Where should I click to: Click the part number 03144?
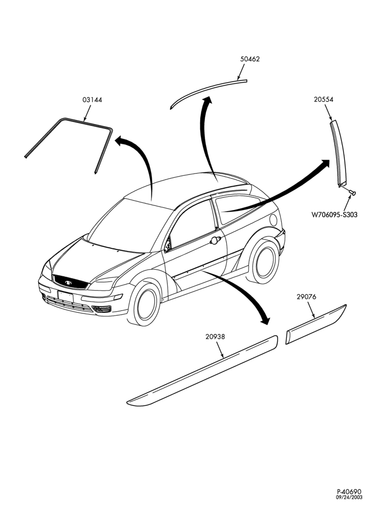coord(92,99)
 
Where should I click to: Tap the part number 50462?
coord(250,59)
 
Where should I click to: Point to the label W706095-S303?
coord(334,215)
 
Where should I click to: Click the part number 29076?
coord(306,297)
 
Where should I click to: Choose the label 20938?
coord(215,337)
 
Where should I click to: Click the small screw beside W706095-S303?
coord(352,193)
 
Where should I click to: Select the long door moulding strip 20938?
coord(202,371)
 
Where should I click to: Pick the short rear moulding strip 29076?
coord(316,324)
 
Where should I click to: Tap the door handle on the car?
coord(216,240)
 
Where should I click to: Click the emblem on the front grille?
coord(68,283)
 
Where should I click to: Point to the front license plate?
coord(66,296)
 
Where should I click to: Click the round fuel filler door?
coord(274,220)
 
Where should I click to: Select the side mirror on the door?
coord(168,245)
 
